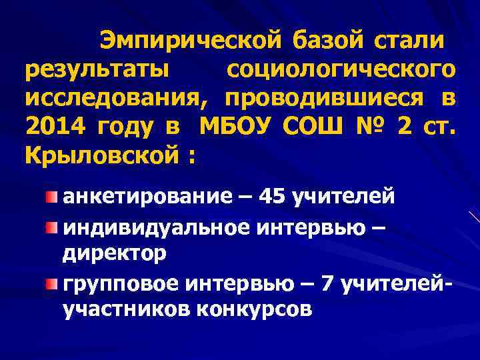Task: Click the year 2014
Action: point(54,126)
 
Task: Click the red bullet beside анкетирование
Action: point(52,197)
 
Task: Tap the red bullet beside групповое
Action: point(52,285)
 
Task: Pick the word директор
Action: point(115,254)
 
